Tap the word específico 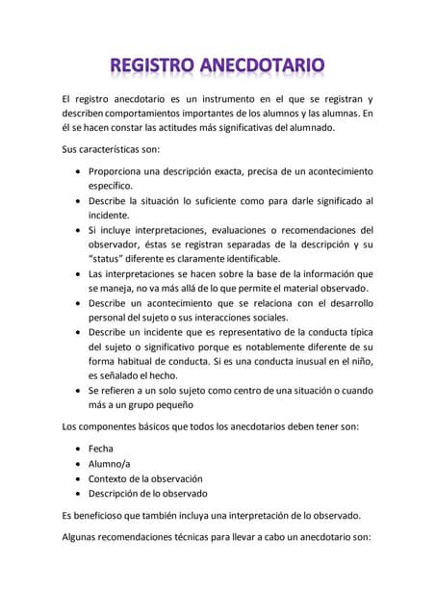[x=111, y=186]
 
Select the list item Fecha [x=101, y=449]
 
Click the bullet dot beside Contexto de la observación [x=77, y=478]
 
